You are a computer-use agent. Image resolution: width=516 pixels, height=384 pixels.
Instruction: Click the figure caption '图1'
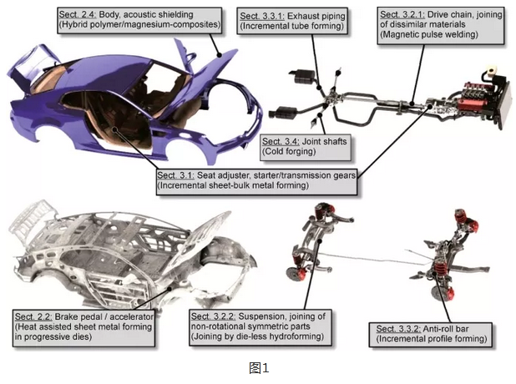[x=257, y=367]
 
